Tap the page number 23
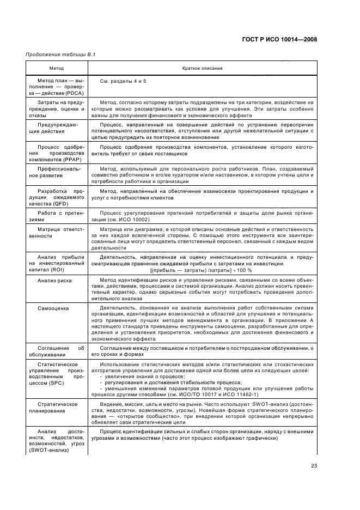click(x=314, y=465)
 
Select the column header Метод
click(x=56, y=69)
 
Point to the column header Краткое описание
click(x=199, y=69)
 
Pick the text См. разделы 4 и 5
click(x=123, y=81)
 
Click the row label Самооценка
click(x=52, y=308)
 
